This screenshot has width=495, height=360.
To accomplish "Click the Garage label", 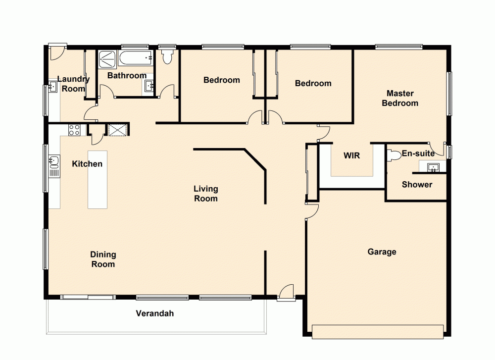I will coord(382,252).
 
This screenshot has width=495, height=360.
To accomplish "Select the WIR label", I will coord(351,155).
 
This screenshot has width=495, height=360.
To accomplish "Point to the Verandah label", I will coord(155,313).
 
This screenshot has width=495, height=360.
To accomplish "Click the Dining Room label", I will coord(103,259).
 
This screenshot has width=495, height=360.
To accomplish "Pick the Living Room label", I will coord(205,194).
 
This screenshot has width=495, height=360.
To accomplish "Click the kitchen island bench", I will coord(98,180).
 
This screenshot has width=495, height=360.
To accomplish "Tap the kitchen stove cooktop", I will coord(74,130).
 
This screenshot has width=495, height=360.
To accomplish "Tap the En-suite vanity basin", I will coord(433,167).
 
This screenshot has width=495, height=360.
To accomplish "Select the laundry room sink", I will coord(53,88).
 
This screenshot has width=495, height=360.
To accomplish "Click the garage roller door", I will coord(378,332).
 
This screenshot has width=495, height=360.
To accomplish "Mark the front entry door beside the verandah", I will coord(286,293).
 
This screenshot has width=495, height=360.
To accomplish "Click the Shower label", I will coord(417,185).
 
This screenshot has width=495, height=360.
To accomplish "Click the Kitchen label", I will coord(87,164).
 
